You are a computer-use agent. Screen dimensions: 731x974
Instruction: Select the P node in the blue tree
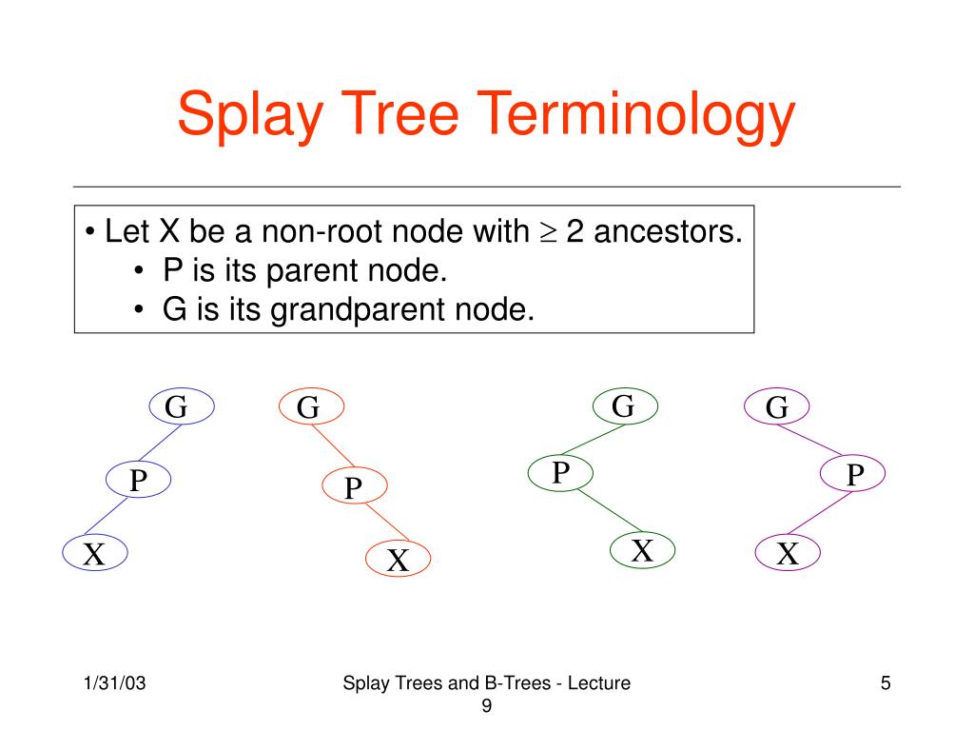point(138,480)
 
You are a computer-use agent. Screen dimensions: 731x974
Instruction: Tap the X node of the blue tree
point(94,552)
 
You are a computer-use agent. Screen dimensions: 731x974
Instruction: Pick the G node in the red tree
point(310,407)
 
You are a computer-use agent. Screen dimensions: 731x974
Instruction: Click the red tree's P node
point(354,487)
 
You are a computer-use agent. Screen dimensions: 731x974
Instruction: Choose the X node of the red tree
point(398,560)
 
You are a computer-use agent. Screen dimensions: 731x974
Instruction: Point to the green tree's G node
point(624,406)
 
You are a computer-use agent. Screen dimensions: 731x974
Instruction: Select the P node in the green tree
point(560,470)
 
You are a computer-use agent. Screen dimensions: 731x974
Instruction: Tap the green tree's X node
point(642,549)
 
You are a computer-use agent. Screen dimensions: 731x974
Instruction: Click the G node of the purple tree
point(776,407)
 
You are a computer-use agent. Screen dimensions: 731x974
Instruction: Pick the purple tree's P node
point(853,474)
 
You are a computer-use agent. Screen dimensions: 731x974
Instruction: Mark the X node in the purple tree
point(787,552)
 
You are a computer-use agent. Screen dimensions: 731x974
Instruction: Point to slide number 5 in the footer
point(886,683)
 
